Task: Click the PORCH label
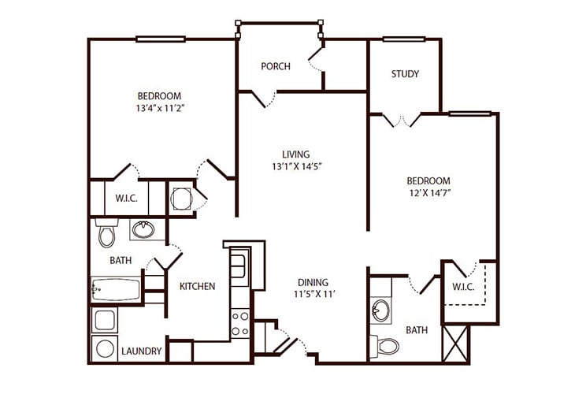pyautogui.click(x=276, y=66)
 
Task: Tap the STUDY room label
pyautogui.click(x=405, y=74)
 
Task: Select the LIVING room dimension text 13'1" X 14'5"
pyautogui.click(x=297, y=167)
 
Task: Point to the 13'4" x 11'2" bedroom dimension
pyautogui.click(x=160, y=108)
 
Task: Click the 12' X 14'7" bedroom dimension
pyautogui.click(x=429, y=193)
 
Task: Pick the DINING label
pyautogui.click(x=313, y=282)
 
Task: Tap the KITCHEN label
pyautogui.click(x=197, y=286)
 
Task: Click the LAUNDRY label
pyautogui.click(x=142, y=351)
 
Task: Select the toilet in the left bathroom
pyautogui.click(x=106, y=232)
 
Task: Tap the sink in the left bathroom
pyautogui.click(x=143, y=229)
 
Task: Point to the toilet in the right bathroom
pyautogui.click(x=384, y=346)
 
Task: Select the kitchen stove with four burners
pyautogui.click(x=240, y=323)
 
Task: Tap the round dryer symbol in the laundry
pyautogui.click(x=105, y=349)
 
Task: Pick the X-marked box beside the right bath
pyautogui.click(x=455, y=344)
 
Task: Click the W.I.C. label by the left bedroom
pyautogui.click(x=127, y=199)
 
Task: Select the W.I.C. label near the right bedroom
pyautogui.click(x=463, y=287)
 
